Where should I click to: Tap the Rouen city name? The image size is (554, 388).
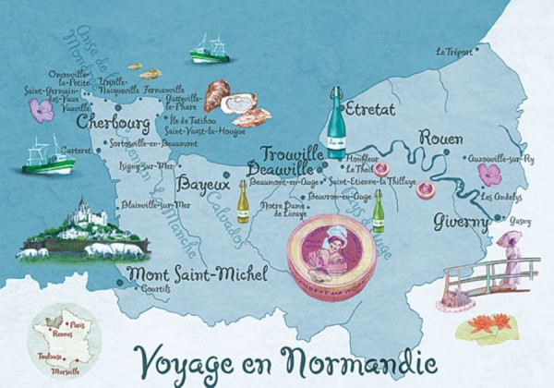pyautogui.click(x=441, y=139)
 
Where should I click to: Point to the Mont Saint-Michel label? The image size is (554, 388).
pyautogui.click(x=197, y=274)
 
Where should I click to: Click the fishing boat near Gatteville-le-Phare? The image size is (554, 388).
pyautogui.click(x=210, y=51)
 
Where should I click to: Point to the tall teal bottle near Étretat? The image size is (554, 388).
pyautogui.click(x=334, y=125)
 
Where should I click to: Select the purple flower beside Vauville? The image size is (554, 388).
pyautogui.click(x=41, y=111)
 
